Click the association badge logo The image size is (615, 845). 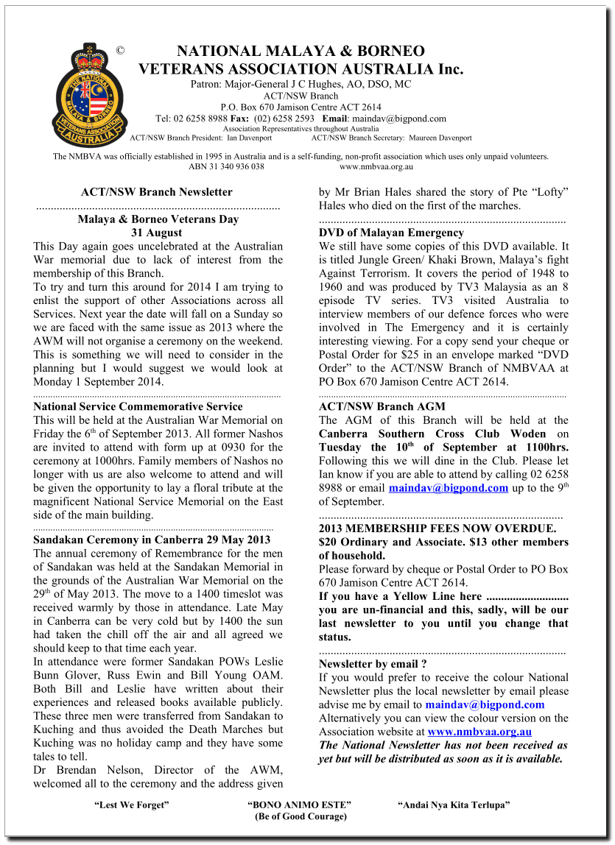[90, 94]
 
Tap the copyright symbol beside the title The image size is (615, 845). [120, 51]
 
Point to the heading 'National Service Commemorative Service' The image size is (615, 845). [138, 406]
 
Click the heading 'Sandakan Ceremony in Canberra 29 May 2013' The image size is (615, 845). [152, 540]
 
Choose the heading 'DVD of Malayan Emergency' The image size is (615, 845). [381, 233]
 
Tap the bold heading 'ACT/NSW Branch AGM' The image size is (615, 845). [382, 406]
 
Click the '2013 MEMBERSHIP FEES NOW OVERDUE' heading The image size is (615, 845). [437, 528]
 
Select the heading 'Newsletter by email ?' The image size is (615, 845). [373, 664]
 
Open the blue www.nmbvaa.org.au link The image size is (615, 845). [479, 732]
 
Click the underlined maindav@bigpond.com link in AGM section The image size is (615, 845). [449, 488]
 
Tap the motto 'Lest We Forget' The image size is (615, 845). [132, 805]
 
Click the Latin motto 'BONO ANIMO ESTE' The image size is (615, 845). [300, 805]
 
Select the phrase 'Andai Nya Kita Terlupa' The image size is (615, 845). [454, 805]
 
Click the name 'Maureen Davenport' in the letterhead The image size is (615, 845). [440, 138]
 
